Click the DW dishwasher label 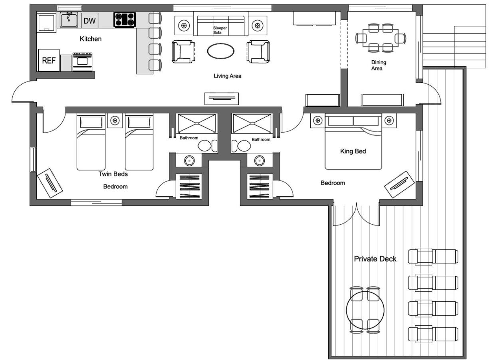point(89,21)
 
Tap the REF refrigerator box point(49,60)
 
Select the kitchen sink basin point(69,20)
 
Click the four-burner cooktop point(125,20)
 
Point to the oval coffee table point(220,51)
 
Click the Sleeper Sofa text point(220,30)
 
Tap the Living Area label point(228,76)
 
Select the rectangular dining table point(381,38)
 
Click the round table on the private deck point(365,310)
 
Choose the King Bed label point(353,151)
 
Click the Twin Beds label point(113,174)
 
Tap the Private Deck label point(375,259)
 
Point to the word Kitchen point(91,39)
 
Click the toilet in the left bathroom point(208,146)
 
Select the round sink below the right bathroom point(260,161)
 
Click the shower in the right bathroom point(252,124)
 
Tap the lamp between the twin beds point(115,120)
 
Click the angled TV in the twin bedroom point(50,183)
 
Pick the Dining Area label point(379,65)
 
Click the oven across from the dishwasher point(82,62)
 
